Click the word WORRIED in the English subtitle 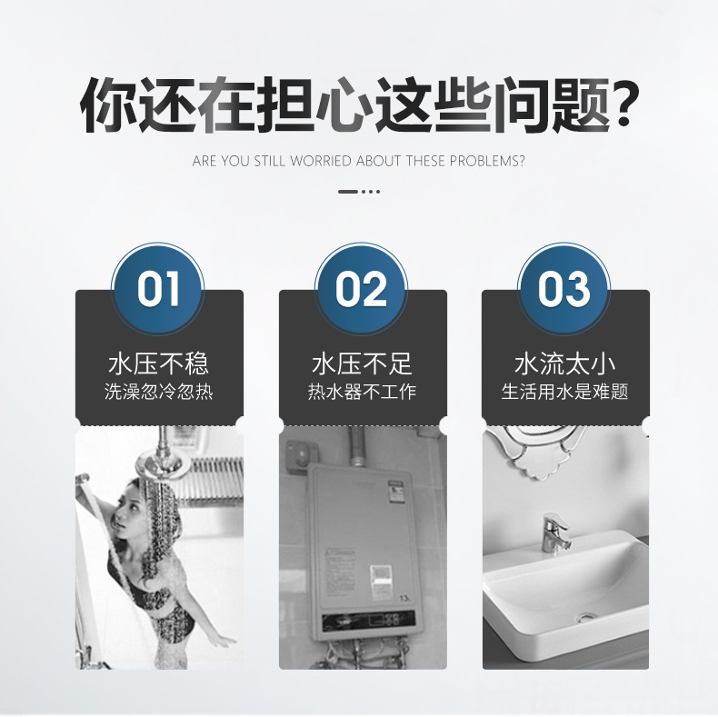(x=321, y=162)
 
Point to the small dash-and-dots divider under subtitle (x=358, y=192)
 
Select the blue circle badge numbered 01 (x=158, y=290)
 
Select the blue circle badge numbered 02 (x=362, y=290)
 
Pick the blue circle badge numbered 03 (x=564, y=290)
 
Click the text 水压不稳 (x=158, y=364)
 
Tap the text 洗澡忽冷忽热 (x=158, y=393)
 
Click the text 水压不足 (x=362, y=364)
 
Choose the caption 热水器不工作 (x=362, y=393)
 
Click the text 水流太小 (x=564, y=364)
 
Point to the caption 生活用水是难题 (x=564, y=393)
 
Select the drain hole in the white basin (x=585, y=619)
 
